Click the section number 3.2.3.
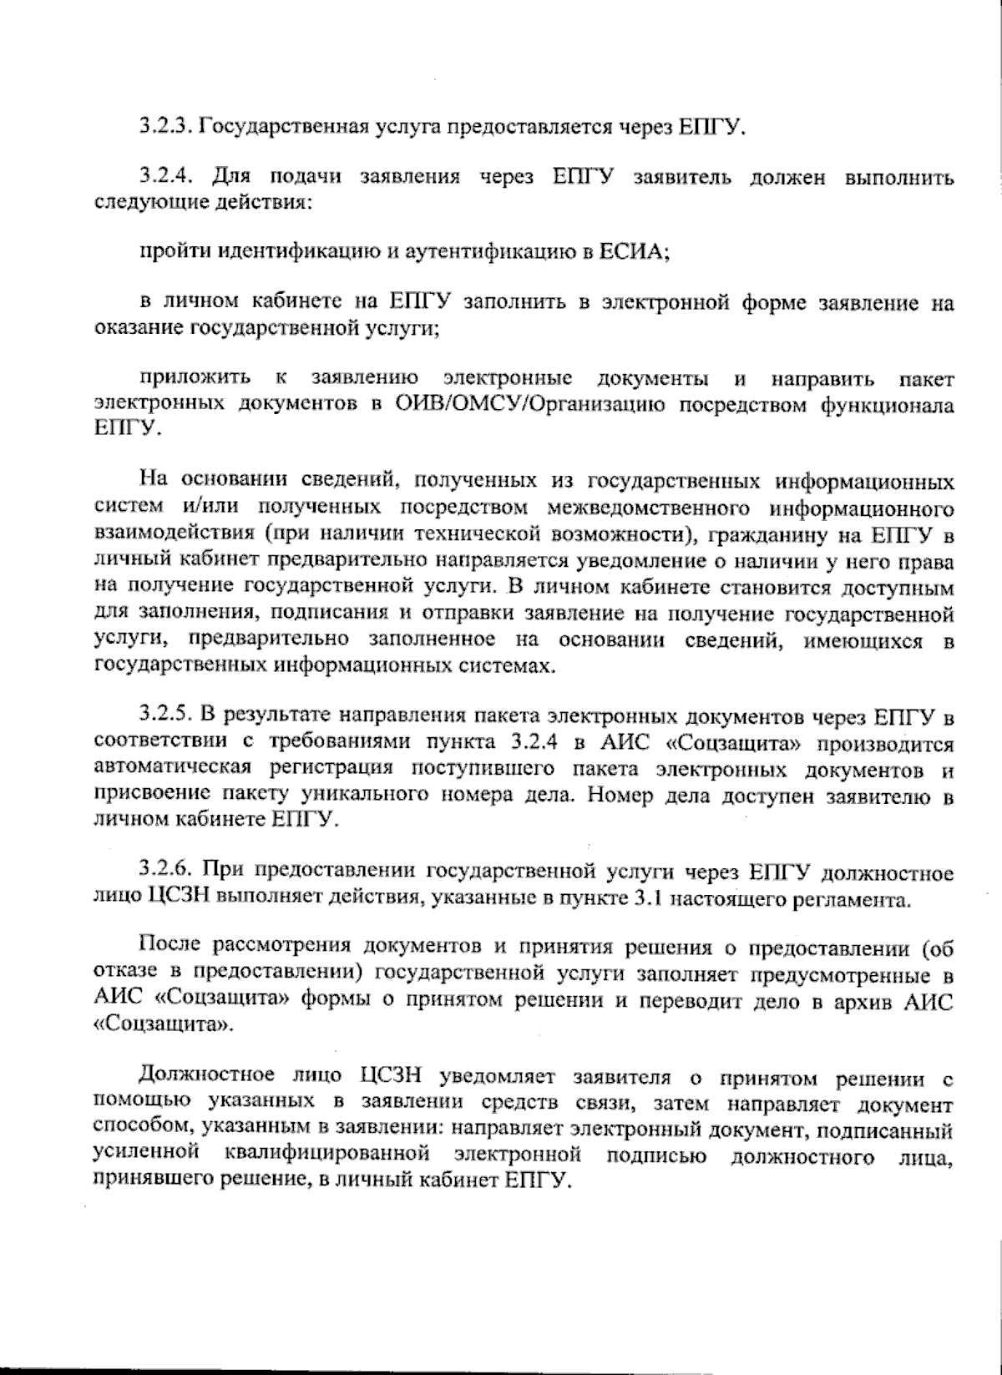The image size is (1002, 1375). [166, 128]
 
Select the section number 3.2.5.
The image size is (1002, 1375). [166, 715]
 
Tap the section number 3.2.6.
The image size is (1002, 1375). [166, 873]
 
